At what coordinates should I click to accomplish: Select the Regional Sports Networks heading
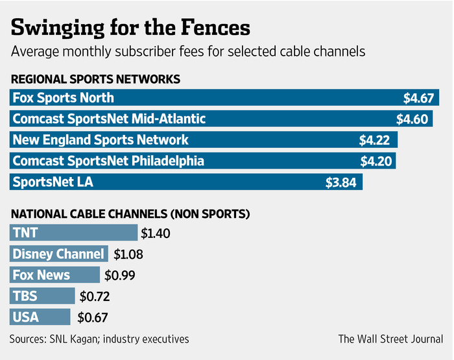pos(95,79)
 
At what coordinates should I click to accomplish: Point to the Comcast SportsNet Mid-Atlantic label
pos(109,119)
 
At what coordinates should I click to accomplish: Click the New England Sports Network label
pos(101,139)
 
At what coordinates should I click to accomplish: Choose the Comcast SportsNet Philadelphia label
pos(117,161)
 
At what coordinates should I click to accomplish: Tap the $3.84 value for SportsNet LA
pos(341,182)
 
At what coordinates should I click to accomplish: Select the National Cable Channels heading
pos(130,213)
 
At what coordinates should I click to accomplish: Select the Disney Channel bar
pos(59,254)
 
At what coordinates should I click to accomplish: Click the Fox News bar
pos(55,275)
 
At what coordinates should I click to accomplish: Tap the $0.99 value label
pos(119,276)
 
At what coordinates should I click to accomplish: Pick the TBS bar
pos(42,296)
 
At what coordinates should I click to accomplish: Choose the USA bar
pos(40,317)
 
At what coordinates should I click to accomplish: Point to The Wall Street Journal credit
pos(390,339)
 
